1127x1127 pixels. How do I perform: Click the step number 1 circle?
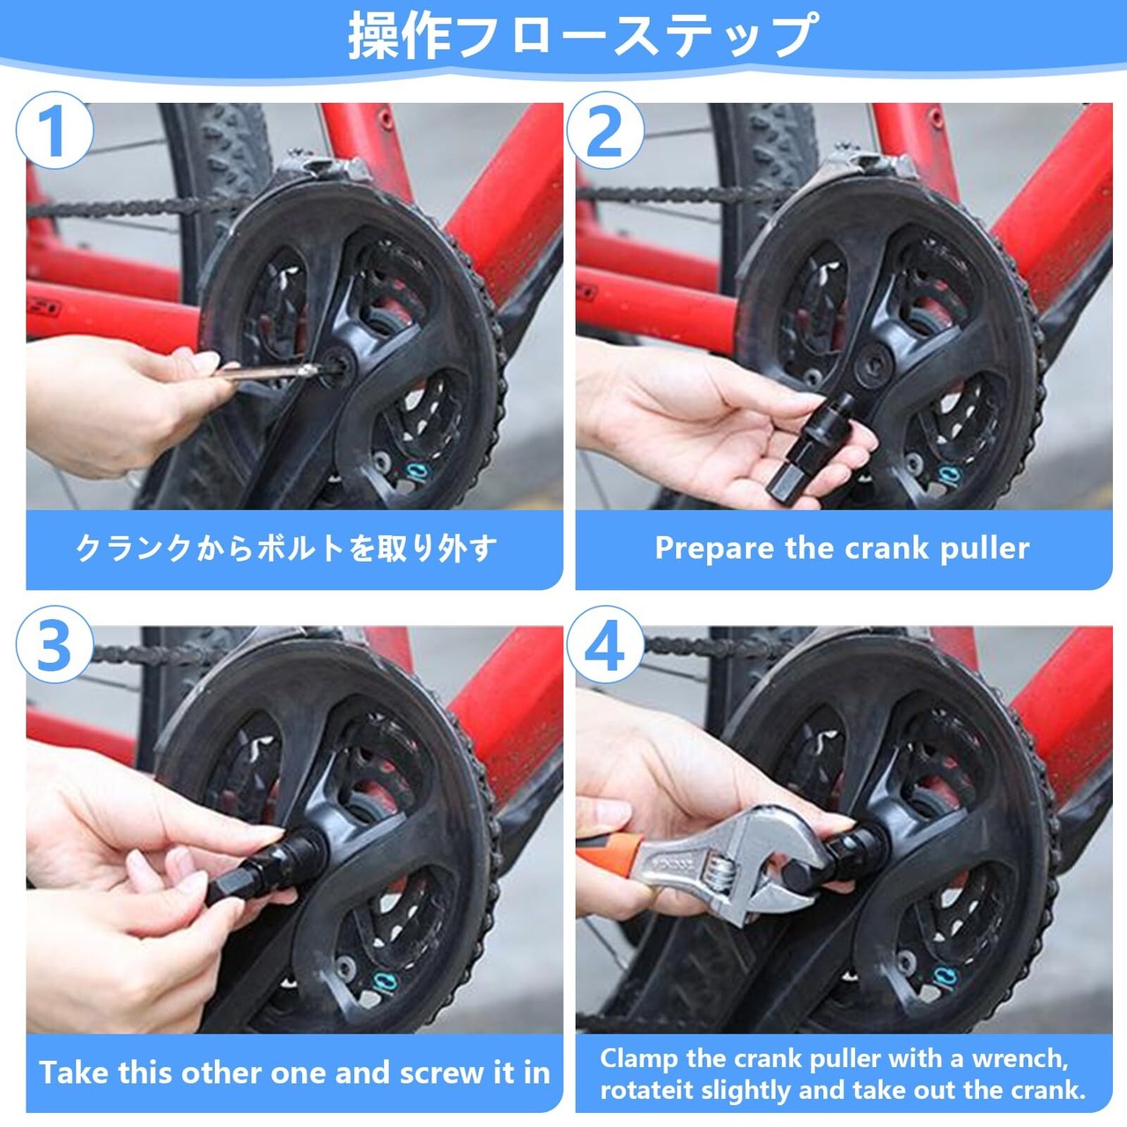[55, 130]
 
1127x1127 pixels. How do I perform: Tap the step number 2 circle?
[605, 130]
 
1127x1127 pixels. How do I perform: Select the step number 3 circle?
[55, 645]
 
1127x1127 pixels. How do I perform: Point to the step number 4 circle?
[605, 645]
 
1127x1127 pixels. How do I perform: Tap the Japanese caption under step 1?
[286, 549]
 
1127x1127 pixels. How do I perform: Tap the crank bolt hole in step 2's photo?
[875, 367]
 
